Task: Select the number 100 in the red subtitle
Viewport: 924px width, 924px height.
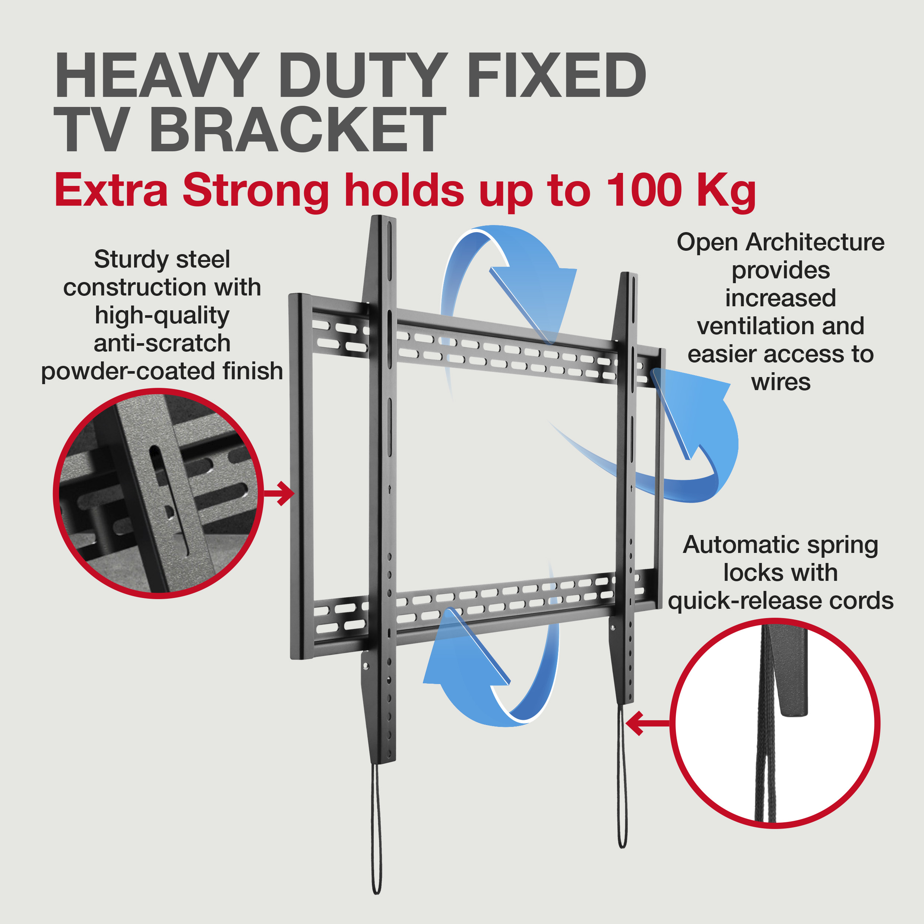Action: point(644,190)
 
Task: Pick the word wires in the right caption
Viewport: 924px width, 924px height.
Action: point(781,382)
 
